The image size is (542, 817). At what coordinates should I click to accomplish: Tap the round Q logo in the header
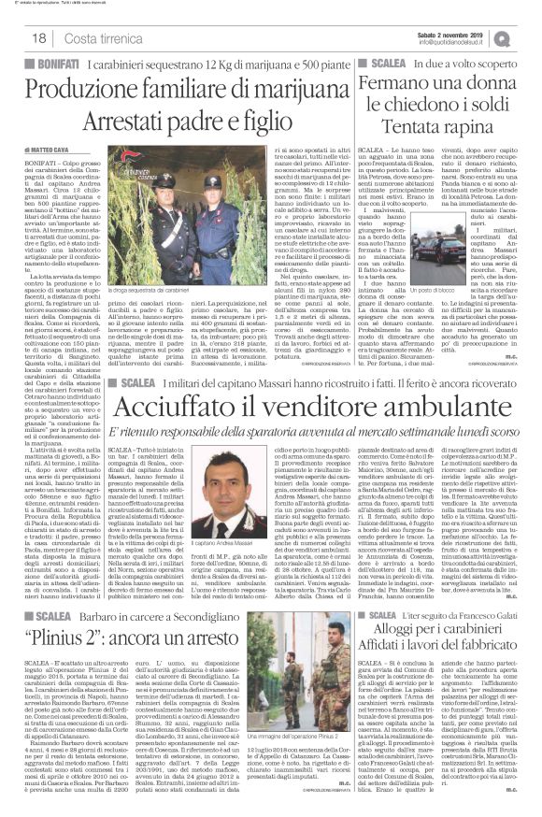click(x=530, y=36)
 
